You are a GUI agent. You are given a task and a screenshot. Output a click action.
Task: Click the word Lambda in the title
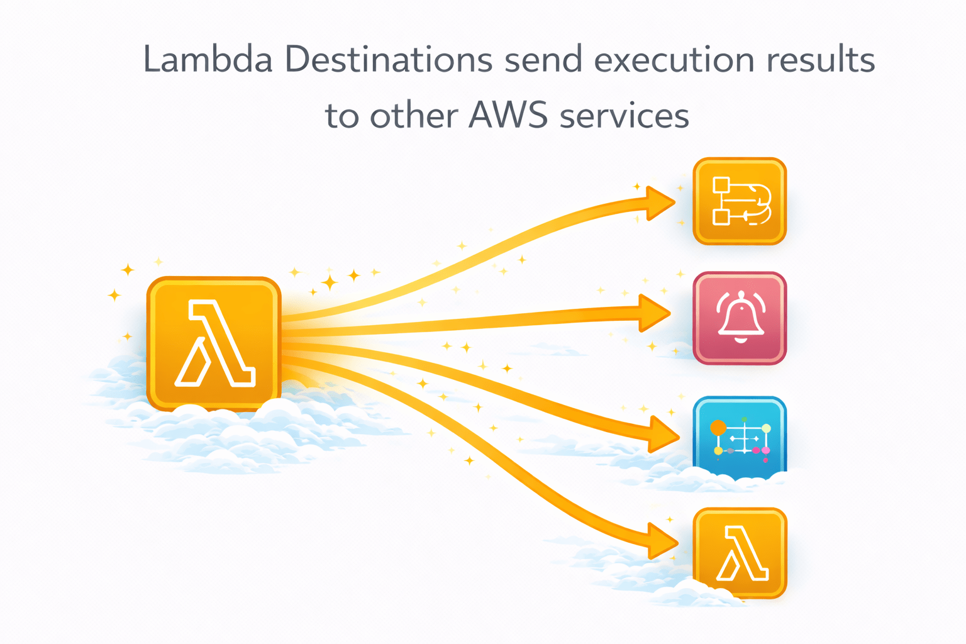[208, 60]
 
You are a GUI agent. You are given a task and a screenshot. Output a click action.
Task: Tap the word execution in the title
[674, 60]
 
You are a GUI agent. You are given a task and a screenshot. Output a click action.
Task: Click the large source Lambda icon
[214, 343]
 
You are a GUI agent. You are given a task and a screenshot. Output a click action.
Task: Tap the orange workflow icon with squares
[740, 201]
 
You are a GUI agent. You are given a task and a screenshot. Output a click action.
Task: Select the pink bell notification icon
[740, 318]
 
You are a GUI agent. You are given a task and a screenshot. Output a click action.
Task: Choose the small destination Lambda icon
[740, 553]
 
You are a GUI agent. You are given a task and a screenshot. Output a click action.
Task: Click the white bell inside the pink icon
[741, 316]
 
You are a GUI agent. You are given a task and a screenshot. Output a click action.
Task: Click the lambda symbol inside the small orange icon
[742, 553]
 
